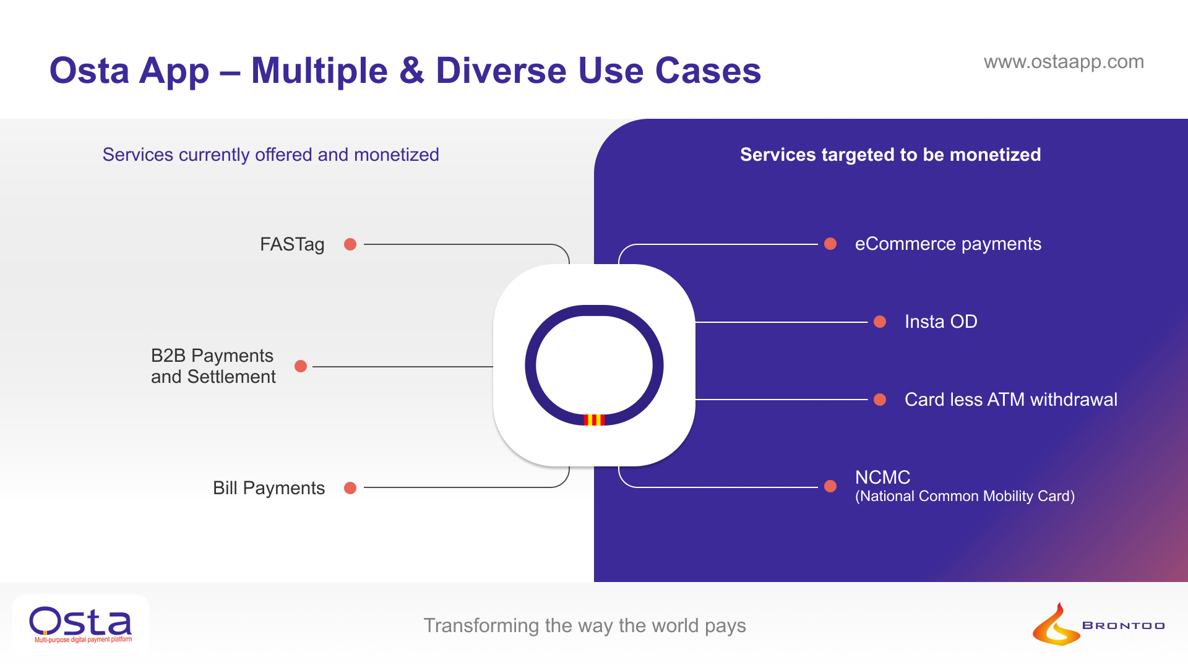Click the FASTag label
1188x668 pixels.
[292, 244]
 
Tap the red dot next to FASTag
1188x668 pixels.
[350, 244]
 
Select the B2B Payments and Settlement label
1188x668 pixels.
[213, 366]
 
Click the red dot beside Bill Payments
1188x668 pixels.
[350, 488]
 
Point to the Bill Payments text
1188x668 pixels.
[269, 488]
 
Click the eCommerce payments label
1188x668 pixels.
[948, 244]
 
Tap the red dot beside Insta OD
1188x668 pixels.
[880, 322]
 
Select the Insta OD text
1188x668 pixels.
[940, 322]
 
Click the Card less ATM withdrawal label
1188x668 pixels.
[1011, 400]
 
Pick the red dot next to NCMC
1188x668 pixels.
[830, 487]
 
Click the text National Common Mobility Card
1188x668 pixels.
[965, 497]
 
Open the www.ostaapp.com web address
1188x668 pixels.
[1064, 62]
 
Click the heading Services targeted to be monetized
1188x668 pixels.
[890, 155]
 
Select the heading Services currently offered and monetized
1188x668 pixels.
[270, 155]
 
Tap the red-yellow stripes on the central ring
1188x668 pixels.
[594, 420]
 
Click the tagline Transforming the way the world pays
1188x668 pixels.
[585, 625]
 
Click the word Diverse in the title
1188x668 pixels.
[501, 71]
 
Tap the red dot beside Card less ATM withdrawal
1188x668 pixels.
[880, 400]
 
